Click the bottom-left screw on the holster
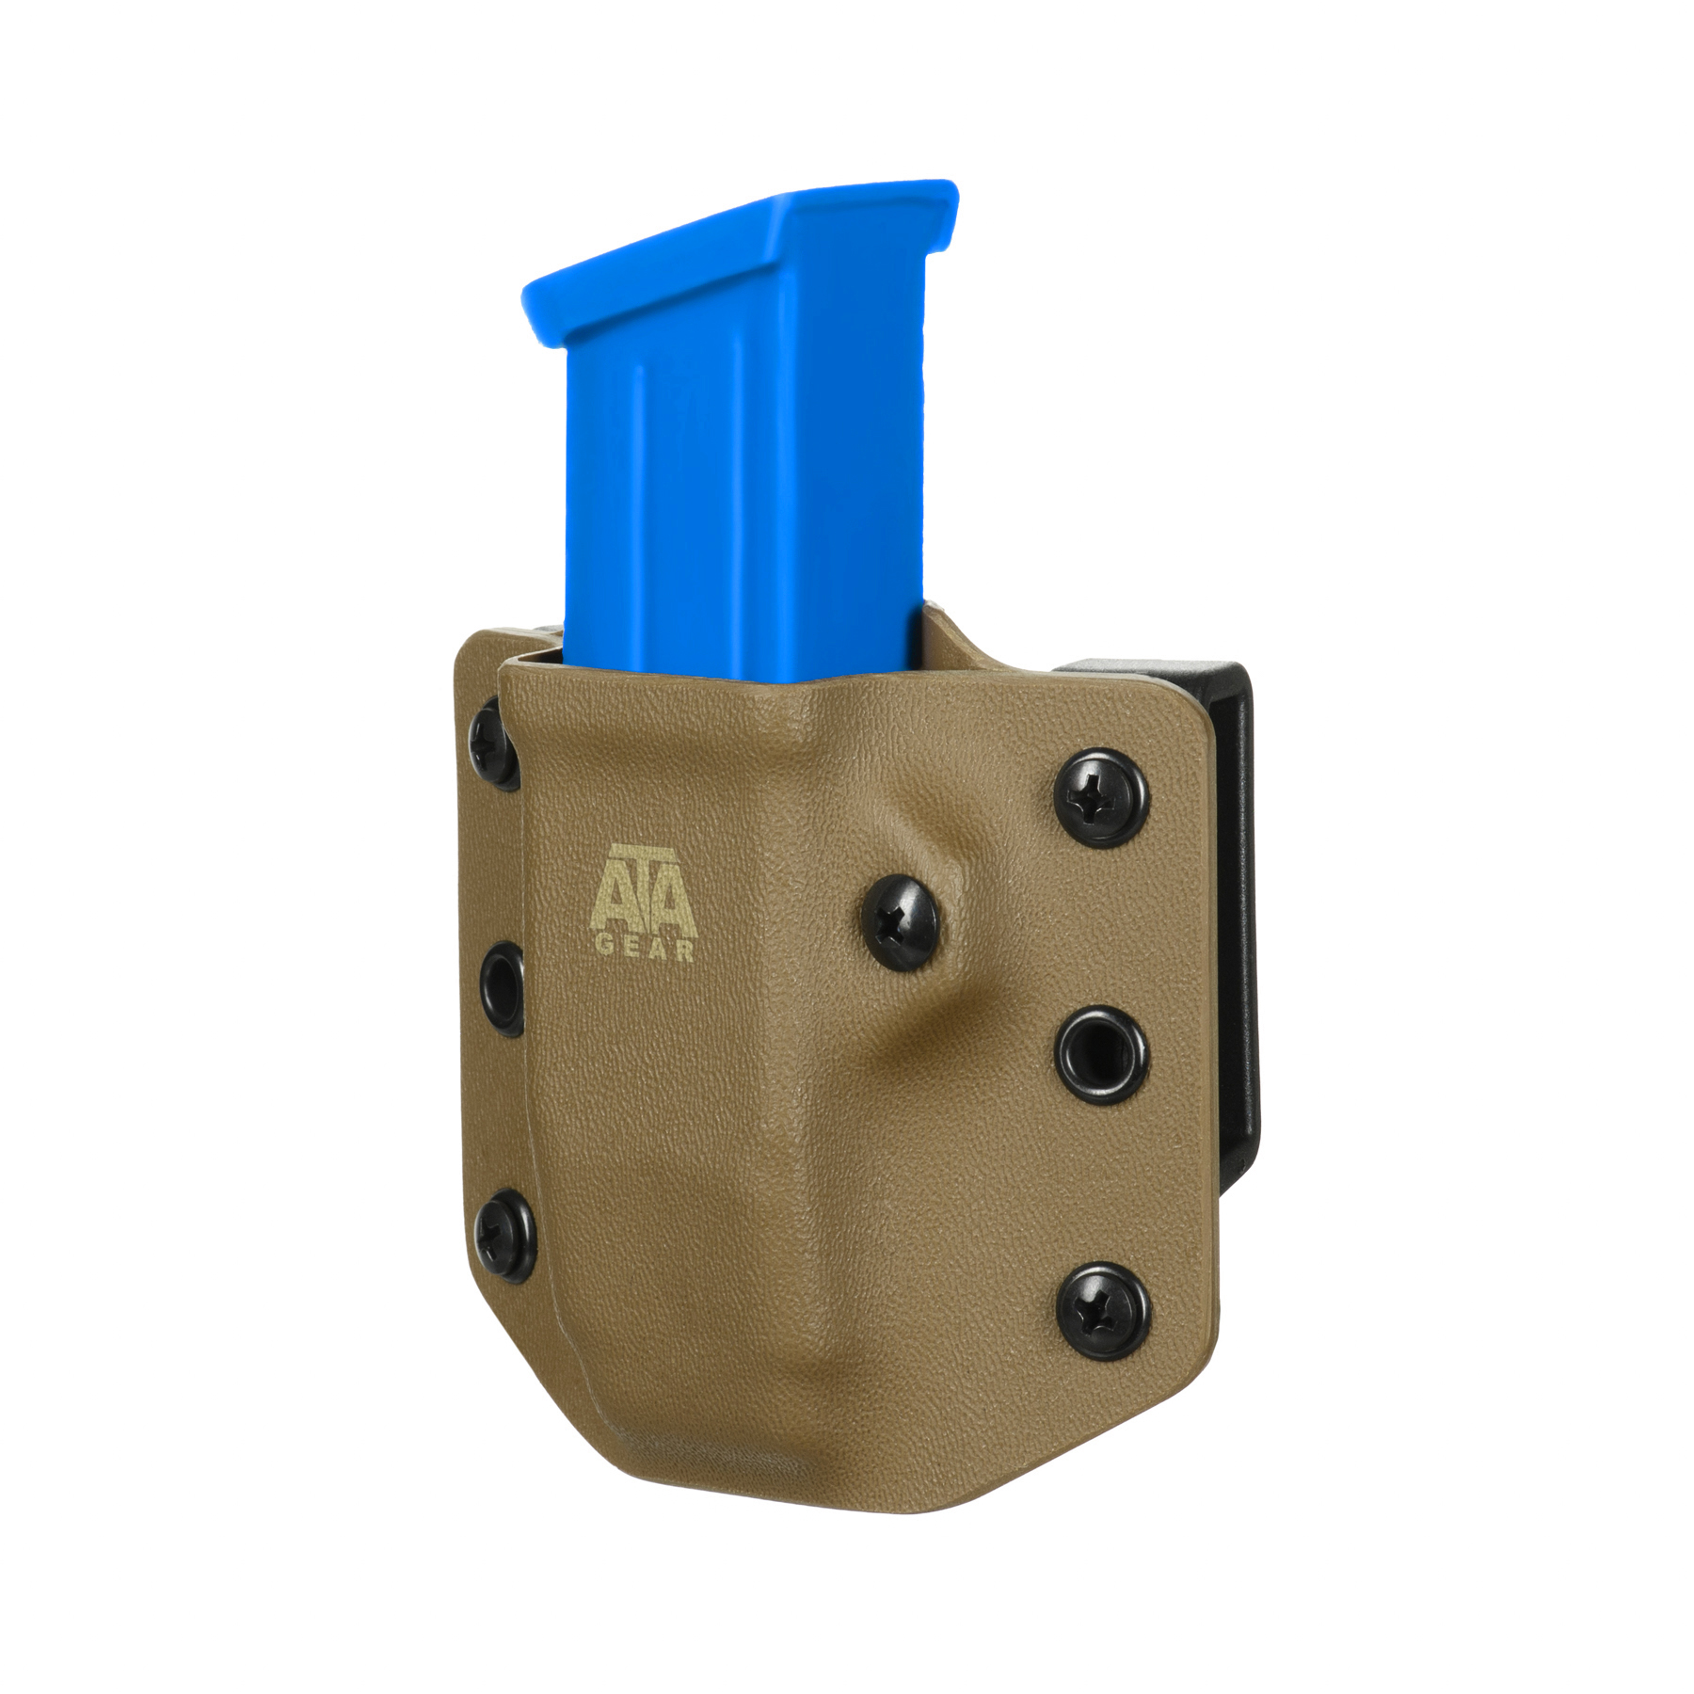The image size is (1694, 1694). click(x=505, y=1234)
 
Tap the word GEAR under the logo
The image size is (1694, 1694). click(x=646, y=951)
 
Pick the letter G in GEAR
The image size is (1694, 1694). click(x=604, y=951)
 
